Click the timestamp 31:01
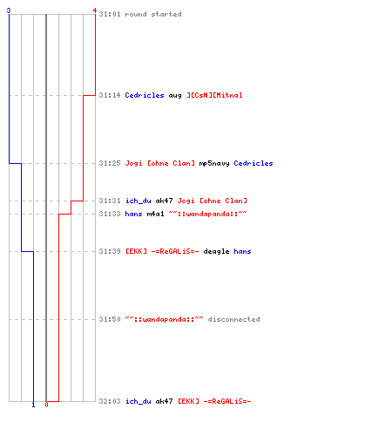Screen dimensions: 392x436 click(x=110, y=14)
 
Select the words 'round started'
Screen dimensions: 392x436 click(x=153, y=14)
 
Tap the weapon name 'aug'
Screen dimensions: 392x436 click(x=175, y=96)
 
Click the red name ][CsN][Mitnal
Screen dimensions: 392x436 click(x=214, y=95)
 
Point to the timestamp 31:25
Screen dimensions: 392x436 click(x=110, y=163)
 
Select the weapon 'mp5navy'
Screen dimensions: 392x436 click(x=214, y=164)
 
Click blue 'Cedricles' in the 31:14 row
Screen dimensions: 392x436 click(x=145, y=95)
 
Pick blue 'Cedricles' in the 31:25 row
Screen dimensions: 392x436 click(x=253, y=163)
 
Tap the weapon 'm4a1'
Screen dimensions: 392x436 click(x=155, y=214)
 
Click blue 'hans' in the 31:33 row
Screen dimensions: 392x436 click(x=133, y=214)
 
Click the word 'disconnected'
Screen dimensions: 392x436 click(x=233, y=319)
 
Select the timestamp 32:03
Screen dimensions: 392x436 click(x=110, y=401)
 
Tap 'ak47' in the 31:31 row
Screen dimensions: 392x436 click(x=164, y=201)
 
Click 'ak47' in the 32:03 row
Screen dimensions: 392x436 click(x=164, y=401)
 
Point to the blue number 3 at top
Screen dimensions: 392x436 click(x=9, y=10)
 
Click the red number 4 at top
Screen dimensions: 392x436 click(x=95, y=10)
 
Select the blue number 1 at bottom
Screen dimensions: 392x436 click(x=33, y=405)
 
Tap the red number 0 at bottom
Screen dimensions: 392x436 click(x=46, y=405)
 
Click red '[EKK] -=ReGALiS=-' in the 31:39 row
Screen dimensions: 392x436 click(x=162, y=251)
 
